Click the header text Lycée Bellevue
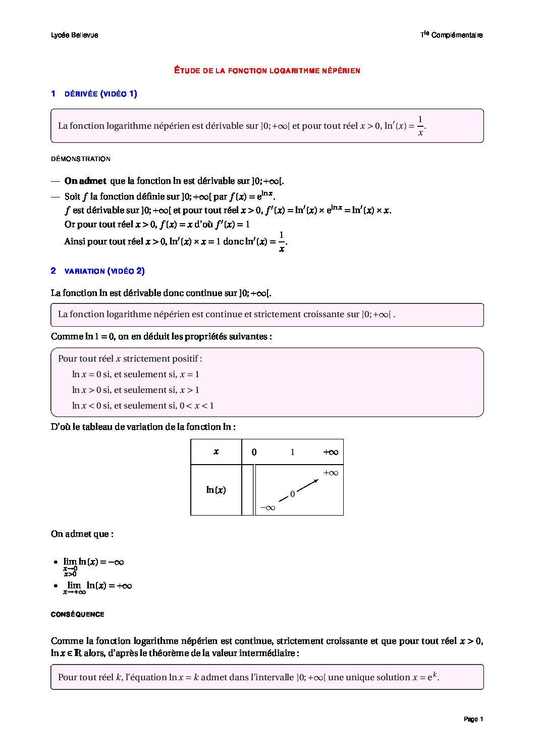pos(74,35)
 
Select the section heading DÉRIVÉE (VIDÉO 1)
pos(101,93)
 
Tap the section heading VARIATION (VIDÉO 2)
pos(104,271)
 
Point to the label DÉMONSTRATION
pos(80,159)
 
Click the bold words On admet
pos(85,181)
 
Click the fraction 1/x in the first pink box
pos(420,126)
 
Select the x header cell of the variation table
pos(216,452)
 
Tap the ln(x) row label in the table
pos(216,490)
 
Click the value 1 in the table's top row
pos(292,452)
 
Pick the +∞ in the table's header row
pos(330,452)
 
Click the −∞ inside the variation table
pos(268,507)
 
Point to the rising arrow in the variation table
pos(307,486)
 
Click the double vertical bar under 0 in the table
pos(254,490)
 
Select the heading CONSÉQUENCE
pos(78,615)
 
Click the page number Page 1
pos(473,719)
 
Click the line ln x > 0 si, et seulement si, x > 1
pos(135,390)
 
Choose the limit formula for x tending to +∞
pos(97,586)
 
